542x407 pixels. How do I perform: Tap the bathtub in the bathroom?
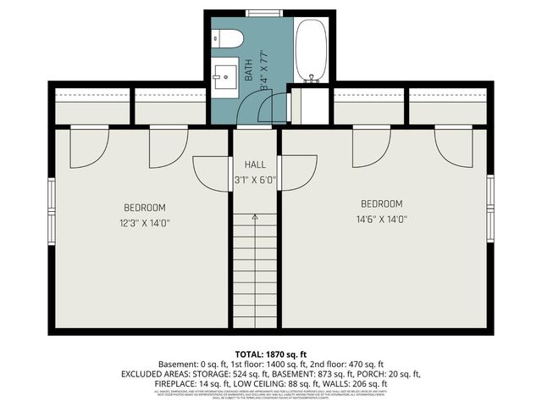[311, 51]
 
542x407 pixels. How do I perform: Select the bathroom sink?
[226, 77]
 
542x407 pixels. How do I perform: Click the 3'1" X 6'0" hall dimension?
[255, 180]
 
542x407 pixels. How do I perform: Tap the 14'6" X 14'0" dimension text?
[384, 219]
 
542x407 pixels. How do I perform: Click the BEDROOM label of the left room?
[144, 208]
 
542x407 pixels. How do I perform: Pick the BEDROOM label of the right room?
[382, 203]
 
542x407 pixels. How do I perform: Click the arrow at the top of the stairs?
[255, 219]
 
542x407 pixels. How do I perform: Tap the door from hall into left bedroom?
[212, 172]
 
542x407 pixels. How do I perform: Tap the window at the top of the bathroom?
[260, 12]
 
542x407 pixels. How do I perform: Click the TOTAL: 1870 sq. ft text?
[270, 353]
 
